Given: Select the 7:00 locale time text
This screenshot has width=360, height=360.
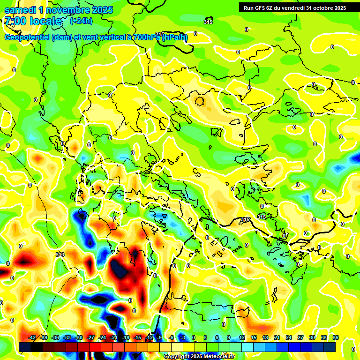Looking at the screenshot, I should click(33, 21).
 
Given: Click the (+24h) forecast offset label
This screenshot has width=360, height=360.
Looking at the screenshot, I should click(81, 21).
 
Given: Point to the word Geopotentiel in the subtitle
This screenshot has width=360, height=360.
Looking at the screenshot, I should click(28, 37).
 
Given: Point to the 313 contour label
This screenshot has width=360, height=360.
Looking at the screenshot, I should click(60, 255).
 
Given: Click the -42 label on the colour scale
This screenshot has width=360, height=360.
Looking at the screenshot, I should click(32, 337).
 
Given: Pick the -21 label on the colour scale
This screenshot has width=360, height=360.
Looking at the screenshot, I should click(114, 337).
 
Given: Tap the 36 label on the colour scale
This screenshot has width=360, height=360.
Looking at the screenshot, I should click(335, 337).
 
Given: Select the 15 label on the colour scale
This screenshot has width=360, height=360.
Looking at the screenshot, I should click(253, 337).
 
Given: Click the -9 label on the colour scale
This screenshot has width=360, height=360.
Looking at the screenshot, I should click(159, 337).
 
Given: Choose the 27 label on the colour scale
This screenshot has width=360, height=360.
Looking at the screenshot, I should click(300, 337).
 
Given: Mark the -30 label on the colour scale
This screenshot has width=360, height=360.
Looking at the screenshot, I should click(79, 337).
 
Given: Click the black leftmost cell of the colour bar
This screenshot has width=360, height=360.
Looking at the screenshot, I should click(25, 347).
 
